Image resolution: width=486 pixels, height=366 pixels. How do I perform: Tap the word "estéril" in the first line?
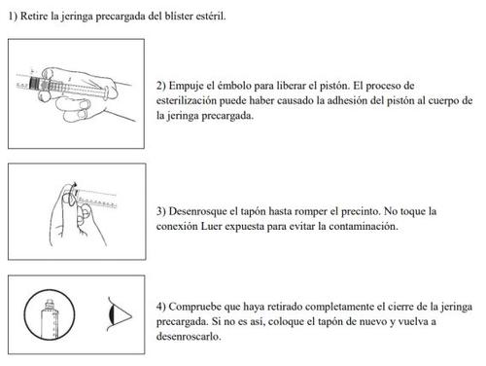click(211, 16)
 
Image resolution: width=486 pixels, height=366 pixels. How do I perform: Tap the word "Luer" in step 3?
click(211, 226)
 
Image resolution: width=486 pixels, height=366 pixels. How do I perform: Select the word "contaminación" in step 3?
click(364, 226)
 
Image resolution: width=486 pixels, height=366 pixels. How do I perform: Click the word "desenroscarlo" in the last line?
click(189, 337)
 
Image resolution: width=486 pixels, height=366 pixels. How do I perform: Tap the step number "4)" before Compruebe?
click(161, 307)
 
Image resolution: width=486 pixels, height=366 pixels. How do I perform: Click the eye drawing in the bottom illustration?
click(120, 314)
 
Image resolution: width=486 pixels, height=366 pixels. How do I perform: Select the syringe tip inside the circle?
click(50, 304)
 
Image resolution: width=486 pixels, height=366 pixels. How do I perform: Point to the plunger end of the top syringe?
click(106, 93)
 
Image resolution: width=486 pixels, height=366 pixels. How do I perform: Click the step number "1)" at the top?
click(13, 16)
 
